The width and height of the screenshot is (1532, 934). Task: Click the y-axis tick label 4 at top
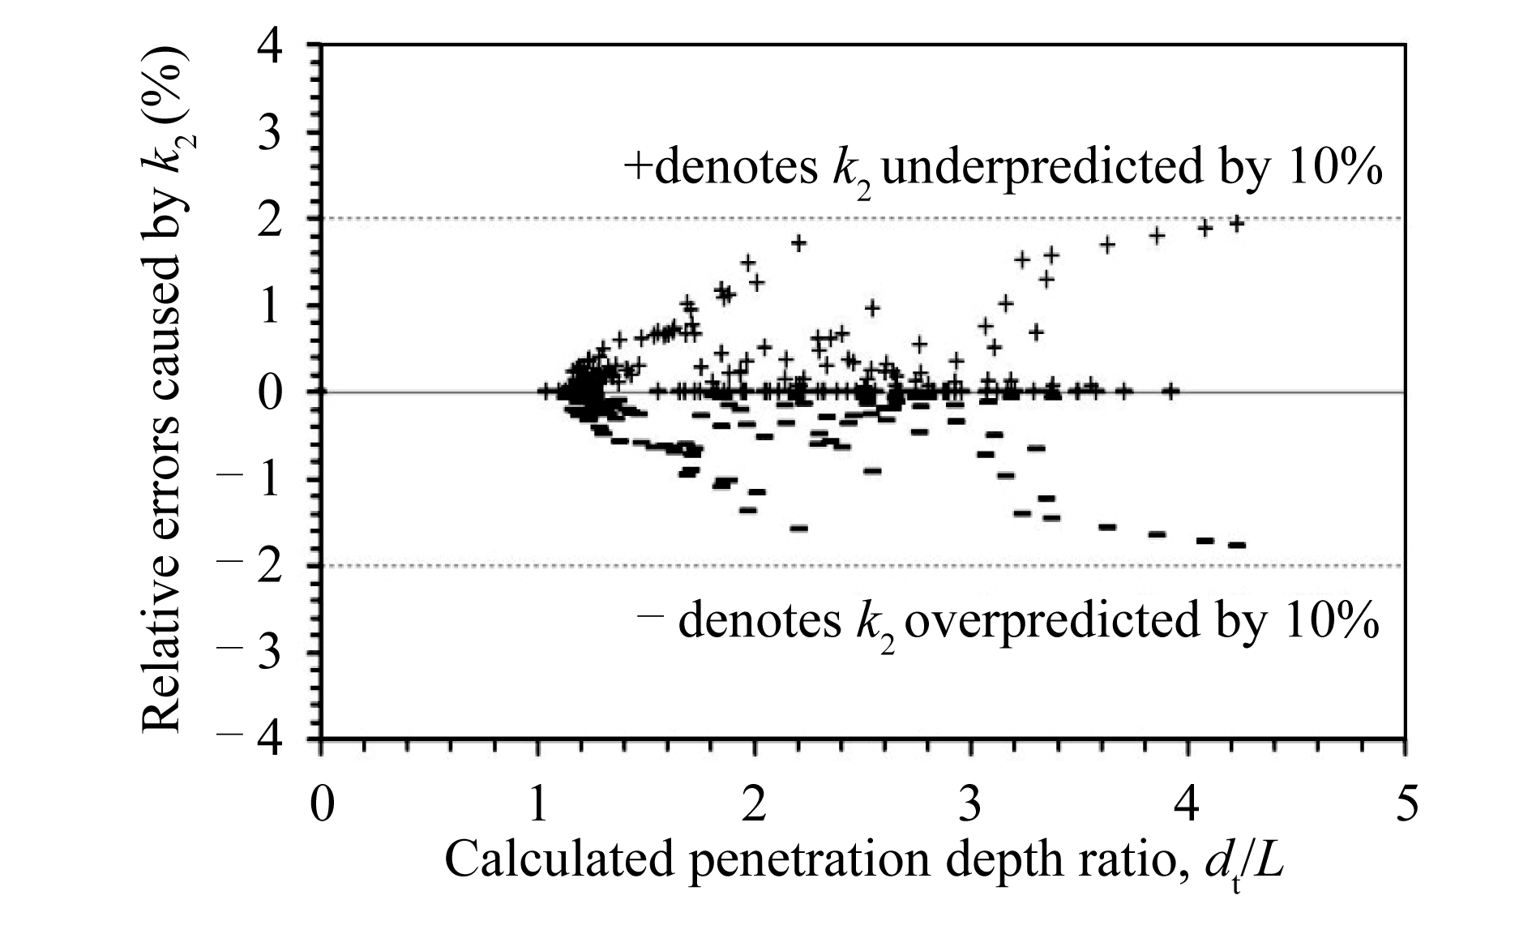(270, 47)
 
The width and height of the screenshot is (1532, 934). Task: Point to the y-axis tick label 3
(270, 133)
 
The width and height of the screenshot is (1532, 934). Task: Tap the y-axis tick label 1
(270, 306)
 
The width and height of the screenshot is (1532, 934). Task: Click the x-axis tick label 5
(1406, 804)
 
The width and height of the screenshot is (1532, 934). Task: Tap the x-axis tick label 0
(323, 804)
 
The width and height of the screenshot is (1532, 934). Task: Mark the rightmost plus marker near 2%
(1237, 223)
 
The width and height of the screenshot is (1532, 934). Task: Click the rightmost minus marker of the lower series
(1237, 545)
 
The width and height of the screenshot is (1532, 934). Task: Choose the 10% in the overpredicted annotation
(1333, 621)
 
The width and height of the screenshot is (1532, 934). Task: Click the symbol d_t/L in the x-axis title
(1243, 863)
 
